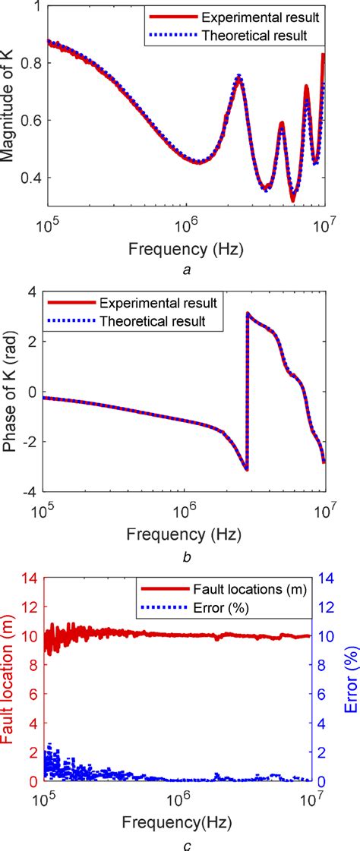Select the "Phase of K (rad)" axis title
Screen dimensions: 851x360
(11, 391)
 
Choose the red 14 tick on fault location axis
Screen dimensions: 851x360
(30, 578)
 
